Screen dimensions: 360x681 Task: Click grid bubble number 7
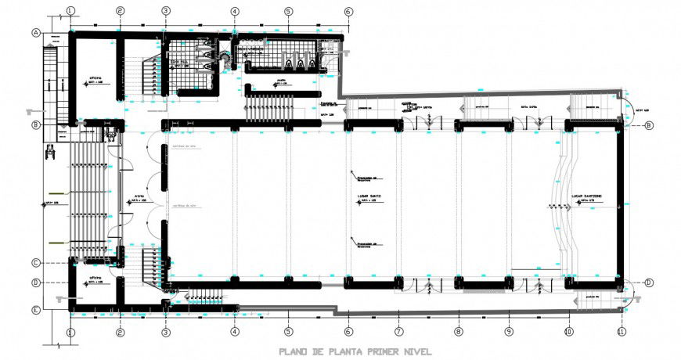tap(398, 332)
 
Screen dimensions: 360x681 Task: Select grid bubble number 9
tap(508, 332)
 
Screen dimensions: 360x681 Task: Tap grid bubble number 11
tap(622, 332)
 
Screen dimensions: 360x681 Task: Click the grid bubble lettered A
tap(36, 33)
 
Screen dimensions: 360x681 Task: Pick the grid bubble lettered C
tap(36, 262)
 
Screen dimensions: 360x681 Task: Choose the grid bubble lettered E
tap(36, 310)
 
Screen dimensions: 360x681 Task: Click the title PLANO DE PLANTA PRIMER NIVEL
tap(355, 351)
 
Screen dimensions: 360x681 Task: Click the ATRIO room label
tap(139, 196)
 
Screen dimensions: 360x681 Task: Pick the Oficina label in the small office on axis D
tap(95, 278)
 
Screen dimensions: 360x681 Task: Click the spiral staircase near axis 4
tap(227, 60)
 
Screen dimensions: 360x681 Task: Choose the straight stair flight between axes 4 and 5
tap(268, 106)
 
